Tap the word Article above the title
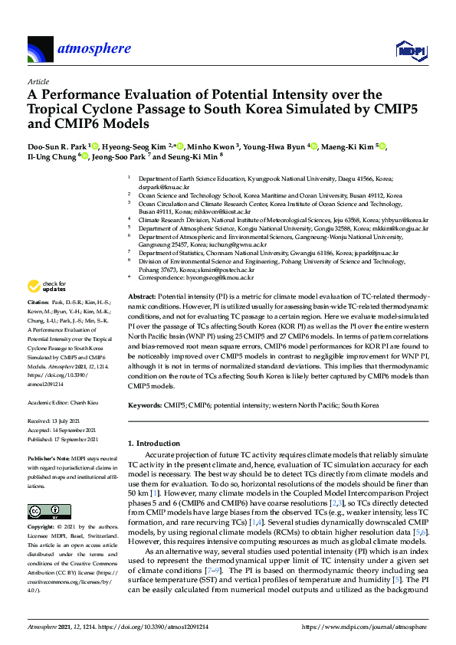(x=38, y=80)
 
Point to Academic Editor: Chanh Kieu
(x=62, y=401)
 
